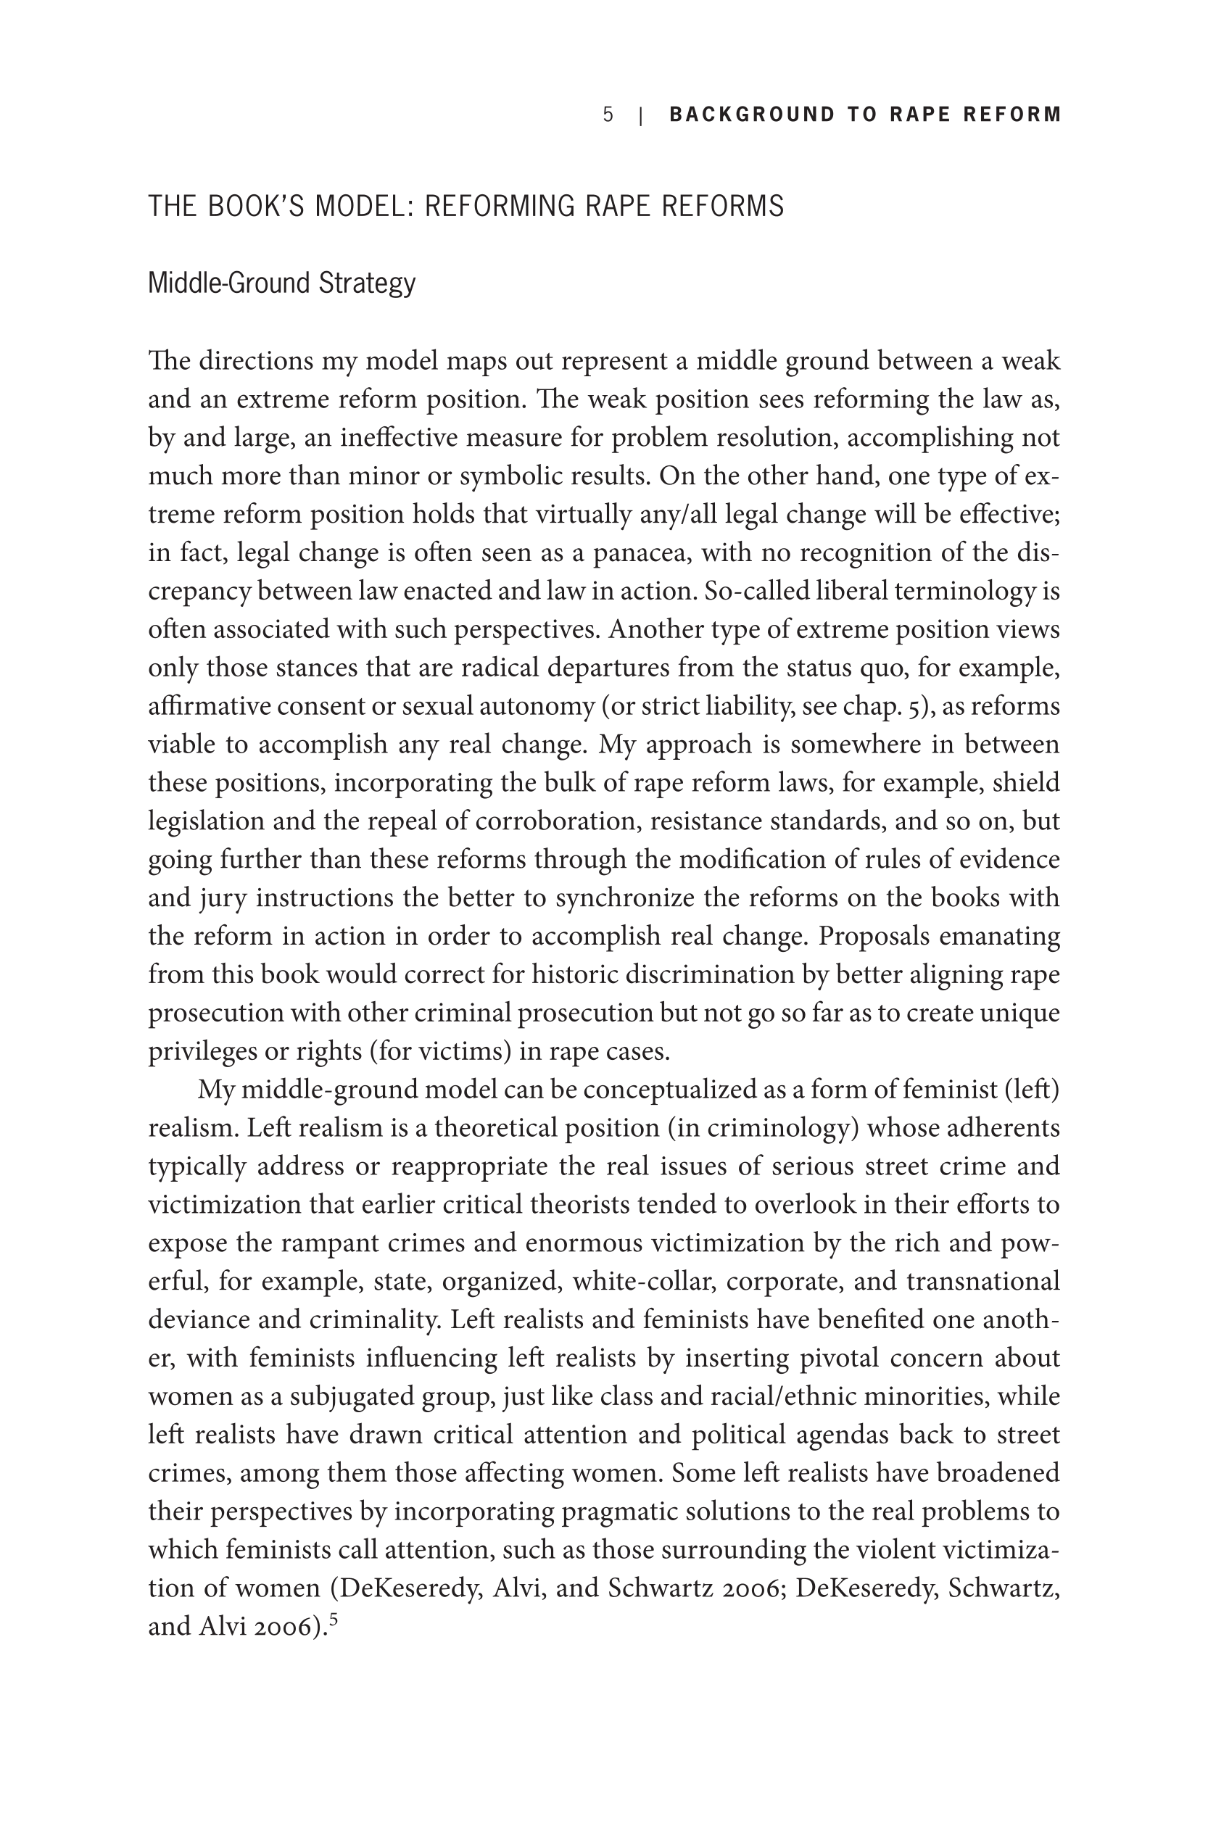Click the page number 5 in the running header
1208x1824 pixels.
(x=608, y=115)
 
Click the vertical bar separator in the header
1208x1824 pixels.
(x=641, y=115)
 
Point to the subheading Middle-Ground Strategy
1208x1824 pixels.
(x=281, y=283)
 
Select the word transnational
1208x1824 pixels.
(x=983, y=1282)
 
